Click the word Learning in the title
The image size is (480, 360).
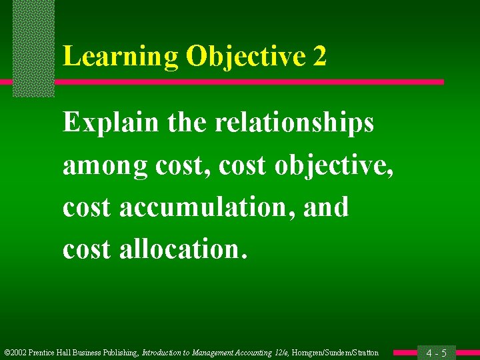[x=120, y=57]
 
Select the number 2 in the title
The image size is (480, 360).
[x=319, y=57]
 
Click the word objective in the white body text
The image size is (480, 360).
[x=334, y=165]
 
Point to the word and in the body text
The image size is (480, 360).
[x=326, y=207]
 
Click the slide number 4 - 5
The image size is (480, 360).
[x=436, y=353]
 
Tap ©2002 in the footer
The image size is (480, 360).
[x=15, y=353]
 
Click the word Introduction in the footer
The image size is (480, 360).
[x=166, y=353]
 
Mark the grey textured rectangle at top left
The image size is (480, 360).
[x=33, y=47]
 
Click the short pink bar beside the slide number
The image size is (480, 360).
[x=405, y=353]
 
